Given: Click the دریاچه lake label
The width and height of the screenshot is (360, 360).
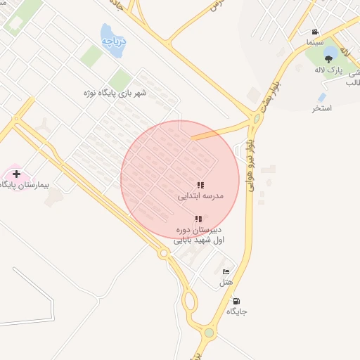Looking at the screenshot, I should tap(112, 41).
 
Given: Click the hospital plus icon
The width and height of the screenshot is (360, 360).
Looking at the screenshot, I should tap(16, 173).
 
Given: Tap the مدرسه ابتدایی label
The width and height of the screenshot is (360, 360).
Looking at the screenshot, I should tap(200, 197).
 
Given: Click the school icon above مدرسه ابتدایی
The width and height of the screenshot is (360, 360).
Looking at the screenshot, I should tap(200, 186).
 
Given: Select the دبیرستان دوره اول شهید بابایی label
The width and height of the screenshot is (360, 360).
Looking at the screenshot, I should tap(199, 235).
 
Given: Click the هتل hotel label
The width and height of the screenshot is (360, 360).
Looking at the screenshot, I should tap(226, 283).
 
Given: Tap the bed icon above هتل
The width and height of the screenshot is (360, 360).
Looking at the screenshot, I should tap(226, 272).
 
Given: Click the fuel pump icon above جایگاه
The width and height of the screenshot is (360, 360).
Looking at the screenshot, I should tap(236, 300).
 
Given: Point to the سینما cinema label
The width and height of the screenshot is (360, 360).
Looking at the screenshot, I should tap(314, 43).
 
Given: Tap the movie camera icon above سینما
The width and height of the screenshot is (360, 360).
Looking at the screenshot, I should tap(315, 32).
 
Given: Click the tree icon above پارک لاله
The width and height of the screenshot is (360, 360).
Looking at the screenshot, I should tap(330, 60).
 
